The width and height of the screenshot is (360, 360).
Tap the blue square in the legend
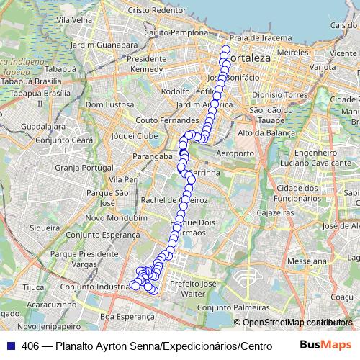tap(10, 346)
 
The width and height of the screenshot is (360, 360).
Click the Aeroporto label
tap(235, 153)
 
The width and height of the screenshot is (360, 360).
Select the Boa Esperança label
tap(127, 316)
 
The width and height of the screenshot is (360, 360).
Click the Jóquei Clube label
tap(135, 135)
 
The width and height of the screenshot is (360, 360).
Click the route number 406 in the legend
tap(30, 346)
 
